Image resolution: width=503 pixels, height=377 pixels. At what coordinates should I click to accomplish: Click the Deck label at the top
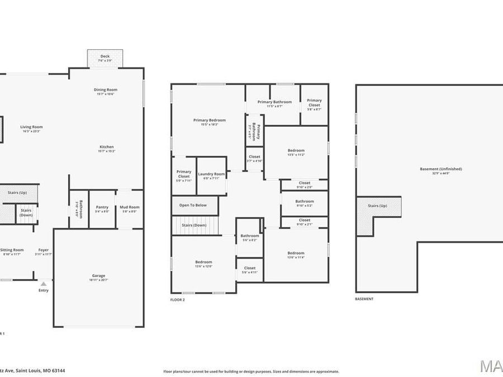coord(105,56)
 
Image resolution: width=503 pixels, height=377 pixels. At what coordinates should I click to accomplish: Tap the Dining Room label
coord(105,89)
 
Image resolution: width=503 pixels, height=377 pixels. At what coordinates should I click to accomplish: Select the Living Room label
coord(32,127)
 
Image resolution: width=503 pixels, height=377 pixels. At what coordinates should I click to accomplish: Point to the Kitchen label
coord(107,147)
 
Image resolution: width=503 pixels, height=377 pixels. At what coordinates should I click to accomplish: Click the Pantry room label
coord(102,207)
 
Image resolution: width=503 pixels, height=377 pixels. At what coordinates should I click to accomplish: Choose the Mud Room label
coord(129,207)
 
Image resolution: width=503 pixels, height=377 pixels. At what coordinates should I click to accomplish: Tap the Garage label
coord(98,275)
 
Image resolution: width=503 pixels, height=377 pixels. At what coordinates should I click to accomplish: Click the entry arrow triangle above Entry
coord(44,284)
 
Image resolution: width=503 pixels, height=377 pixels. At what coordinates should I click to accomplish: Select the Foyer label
coord(44,250)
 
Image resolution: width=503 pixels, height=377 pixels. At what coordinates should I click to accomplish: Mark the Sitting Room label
coord(12,250)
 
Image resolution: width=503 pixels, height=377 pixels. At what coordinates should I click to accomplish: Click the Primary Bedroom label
coord(210,120)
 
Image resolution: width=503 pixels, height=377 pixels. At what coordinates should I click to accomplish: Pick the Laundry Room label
coord(211,174)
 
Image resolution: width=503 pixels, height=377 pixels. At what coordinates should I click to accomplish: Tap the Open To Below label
coord(193,205)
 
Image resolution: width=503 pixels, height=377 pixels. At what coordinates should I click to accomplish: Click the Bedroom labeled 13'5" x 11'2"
coord(296,150)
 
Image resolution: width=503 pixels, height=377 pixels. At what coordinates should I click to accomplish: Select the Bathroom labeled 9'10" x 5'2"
coord(305,201)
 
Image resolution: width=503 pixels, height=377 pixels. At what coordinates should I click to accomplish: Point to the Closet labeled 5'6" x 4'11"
coord(250,268)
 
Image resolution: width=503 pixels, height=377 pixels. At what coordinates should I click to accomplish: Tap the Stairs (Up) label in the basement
coord(377,206)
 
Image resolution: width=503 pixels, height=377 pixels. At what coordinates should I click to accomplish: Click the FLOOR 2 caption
coord(178,300)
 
